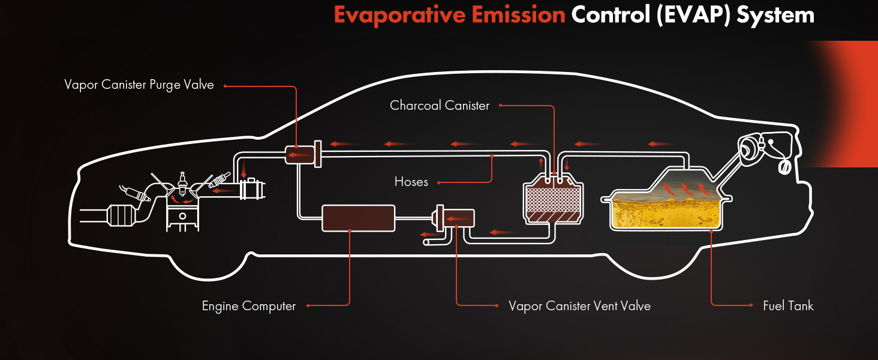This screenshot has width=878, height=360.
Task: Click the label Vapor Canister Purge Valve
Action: pyautogui.click(x=139, y=85)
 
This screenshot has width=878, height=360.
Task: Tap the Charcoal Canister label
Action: pyautogui.click(x=440, y=106)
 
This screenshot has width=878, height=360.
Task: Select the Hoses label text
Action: pyautogui.click(x=411, y=182)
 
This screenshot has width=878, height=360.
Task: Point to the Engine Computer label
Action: pyautogui.click(x=249, y=306)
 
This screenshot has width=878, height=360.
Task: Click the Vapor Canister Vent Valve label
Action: pyautogui.click(x=579, y=306)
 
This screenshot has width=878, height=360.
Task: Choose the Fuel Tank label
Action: pyautogui.click(x=788, y=306)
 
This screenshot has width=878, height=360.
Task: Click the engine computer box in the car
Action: pyautogui.click(x=359, y=218)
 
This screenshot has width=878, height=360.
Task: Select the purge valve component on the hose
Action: pyautogui.click(x=300, y=155)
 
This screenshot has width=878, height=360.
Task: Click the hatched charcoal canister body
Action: pyautogui.click(x=553, y=203)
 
